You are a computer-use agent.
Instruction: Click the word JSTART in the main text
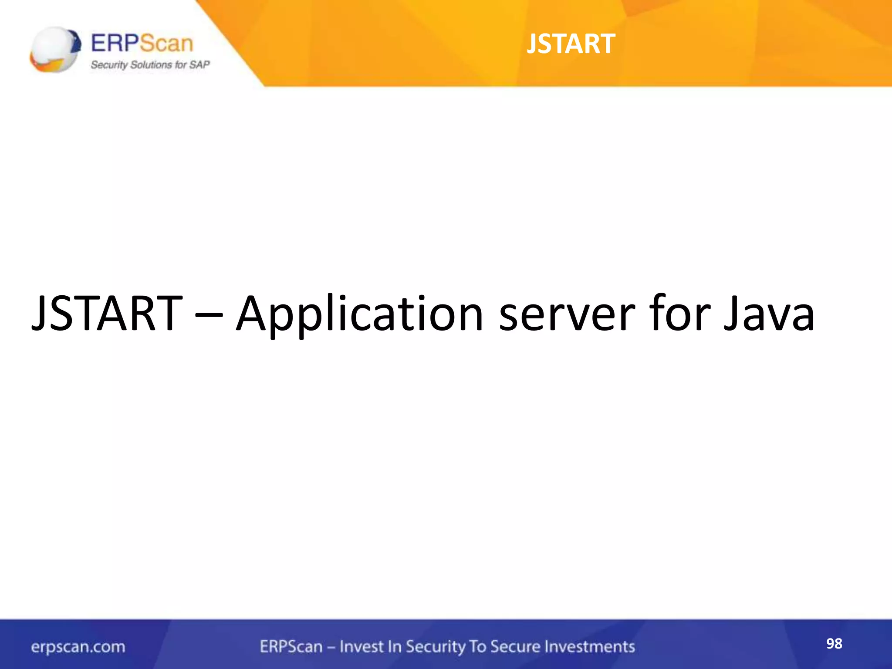[107, 314]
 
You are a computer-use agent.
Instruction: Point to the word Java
[769, 314]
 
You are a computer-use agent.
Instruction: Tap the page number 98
[834, 643]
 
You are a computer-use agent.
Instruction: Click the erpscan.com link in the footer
[78, 647]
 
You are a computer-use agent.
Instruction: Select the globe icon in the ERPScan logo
[55, 49]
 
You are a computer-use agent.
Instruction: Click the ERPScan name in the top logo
[142, 43]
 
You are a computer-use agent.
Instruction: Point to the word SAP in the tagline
[199, 65]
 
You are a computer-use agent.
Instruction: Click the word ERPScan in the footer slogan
[291, 646]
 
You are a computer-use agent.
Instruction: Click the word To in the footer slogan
[478, 646]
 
